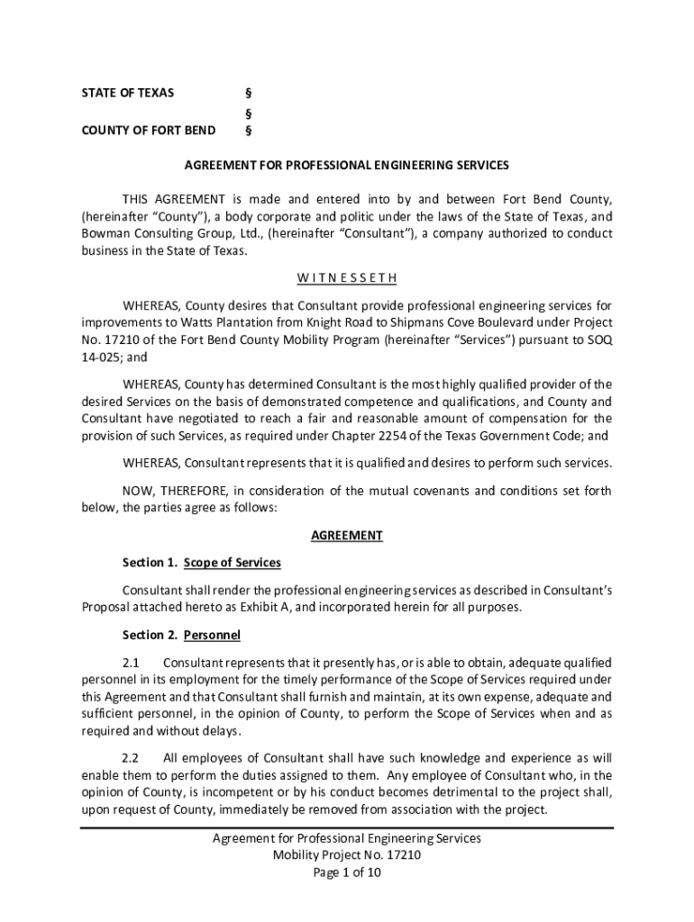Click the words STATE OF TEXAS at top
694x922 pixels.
(128, 93)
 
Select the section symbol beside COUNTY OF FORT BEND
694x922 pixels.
(248, 131)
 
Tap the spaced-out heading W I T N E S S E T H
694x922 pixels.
(347, 277)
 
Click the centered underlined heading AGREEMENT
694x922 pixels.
(347, 536)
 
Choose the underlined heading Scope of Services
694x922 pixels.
(233, 563)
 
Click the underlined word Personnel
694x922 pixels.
(212, 635)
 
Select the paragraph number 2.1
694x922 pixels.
(132, 664)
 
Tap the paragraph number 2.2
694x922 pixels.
(131, 757)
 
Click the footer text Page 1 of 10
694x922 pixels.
(347, 872)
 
